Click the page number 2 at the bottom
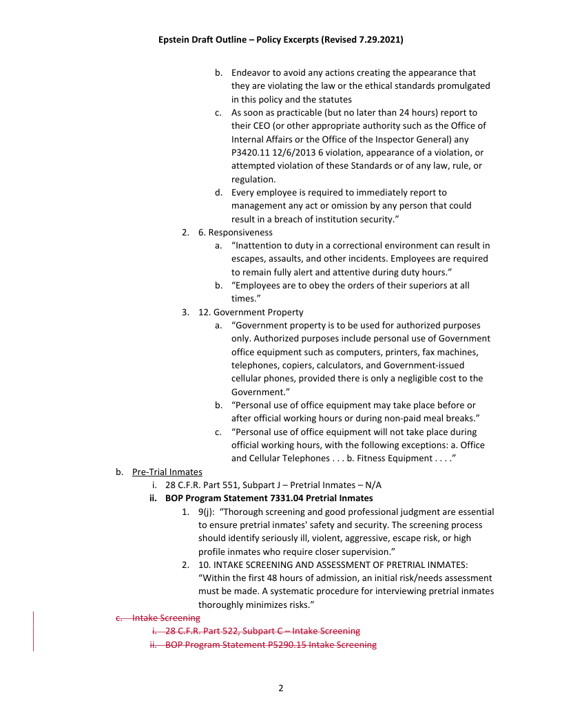point(281,688)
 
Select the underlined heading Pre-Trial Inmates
point(167,472)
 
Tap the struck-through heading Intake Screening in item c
point(166,618)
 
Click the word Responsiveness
point(240,232)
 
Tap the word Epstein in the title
point(176,40)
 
